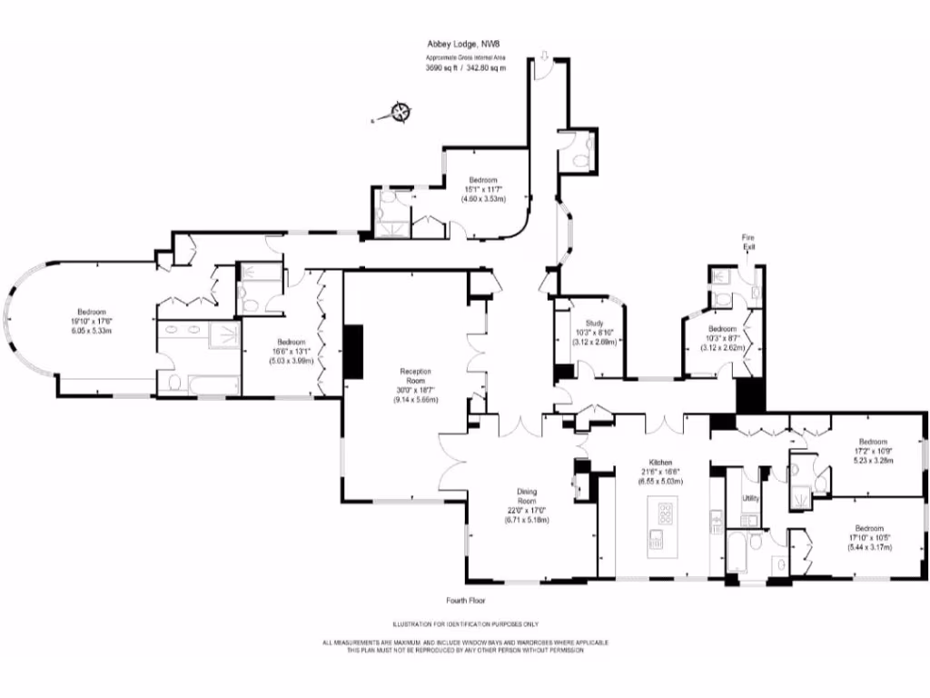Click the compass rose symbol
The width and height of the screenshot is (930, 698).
pyautogui.click(x=400, y=113)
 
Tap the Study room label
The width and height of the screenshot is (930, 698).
pyautogui.click(x=595, y=323)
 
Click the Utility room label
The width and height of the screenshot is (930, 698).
pyautogui.click(x=750, y=498)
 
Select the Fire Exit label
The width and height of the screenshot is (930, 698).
pyautogui.click(x=748, y=242)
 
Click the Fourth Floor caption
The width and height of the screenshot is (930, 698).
pyautogui.click(x=465, y=601)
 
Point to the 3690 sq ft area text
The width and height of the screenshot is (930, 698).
pyautogui.click(x=443, y=68)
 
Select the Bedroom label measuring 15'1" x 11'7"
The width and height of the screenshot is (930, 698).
pyautogui.click(x=483, y=180)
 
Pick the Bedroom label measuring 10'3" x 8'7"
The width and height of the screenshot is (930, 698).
pyautogui.click(x=722, y=328)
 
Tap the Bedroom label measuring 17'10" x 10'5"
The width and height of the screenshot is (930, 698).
pyautogui.click(x=868, y=528)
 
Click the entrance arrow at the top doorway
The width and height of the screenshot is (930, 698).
pyautogui.click(x=543, y=58)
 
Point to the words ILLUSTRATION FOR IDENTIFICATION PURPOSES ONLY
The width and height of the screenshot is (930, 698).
pyautogui.click(x=465, y=624)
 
